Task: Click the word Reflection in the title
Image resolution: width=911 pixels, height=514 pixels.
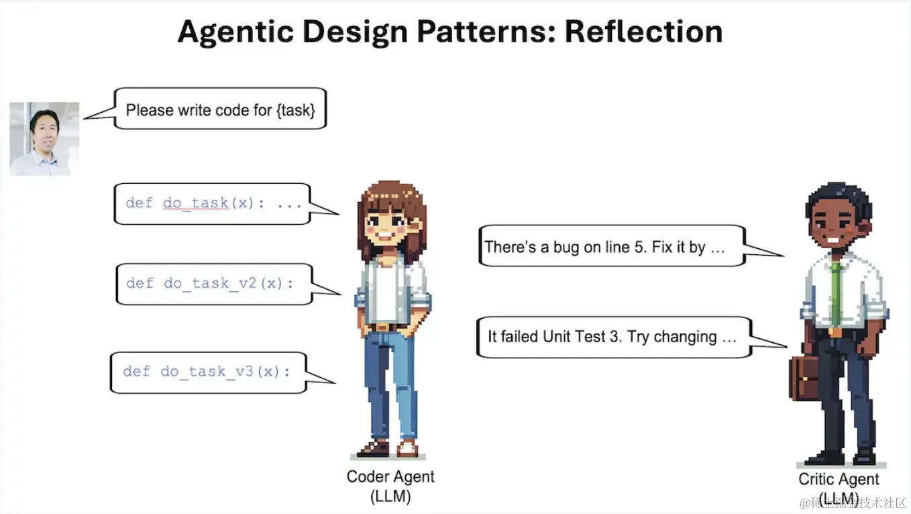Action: (643, 32)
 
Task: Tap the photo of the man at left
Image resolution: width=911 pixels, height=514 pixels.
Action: (44, 139)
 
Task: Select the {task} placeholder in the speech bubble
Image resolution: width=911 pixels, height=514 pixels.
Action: (296, 110)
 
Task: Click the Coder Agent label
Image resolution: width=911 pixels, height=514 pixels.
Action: (390, 476)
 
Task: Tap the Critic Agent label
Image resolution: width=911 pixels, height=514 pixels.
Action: (839, 479)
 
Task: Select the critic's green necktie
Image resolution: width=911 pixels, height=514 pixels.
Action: (836, 294)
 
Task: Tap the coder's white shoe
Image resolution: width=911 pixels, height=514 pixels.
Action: (407, 448)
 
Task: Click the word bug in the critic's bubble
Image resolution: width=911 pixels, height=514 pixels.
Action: (567, 248)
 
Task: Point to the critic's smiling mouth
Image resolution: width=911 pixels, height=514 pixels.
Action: (833, 240)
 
